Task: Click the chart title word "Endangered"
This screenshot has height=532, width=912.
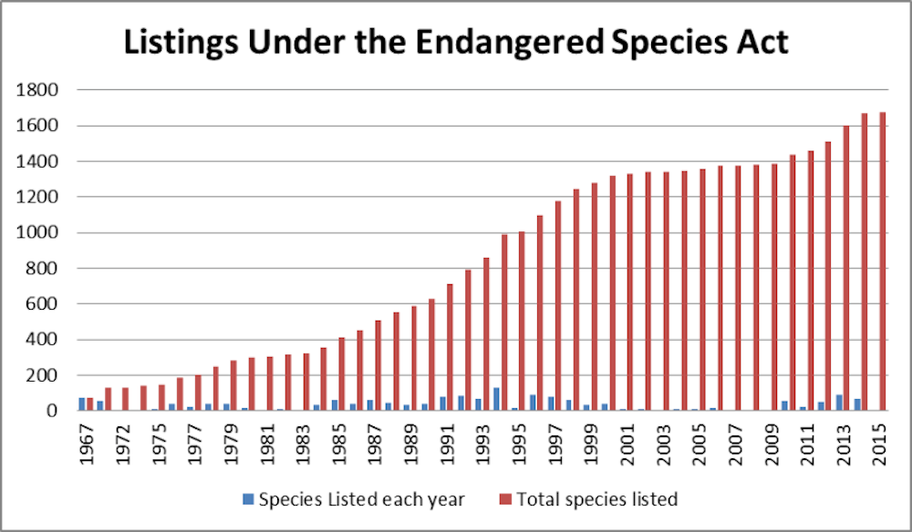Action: [x=523, y=42]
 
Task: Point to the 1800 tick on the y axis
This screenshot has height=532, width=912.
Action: [x=38, y=90]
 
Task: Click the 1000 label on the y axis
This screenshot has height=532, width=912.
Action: [x=38, y=232]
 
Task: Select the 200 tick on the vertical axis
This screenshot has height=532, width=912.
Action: [x=43, y=375]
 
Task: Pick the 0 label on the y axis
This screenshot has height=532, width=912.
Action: [x=52, y=411]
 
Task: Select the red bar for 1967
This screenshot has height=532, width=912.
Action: [x=90, y=404]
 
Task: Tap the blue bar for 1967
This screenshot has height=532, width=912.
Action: [x=82, y=404]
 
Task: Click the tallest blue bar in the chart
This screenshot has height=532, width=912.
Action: [x=496, y=399]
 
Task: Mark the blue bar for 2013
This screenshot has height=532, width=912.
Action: [x=839, y=402]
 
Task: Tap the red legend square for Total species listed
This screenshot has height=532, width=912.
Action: [x=507, y=499]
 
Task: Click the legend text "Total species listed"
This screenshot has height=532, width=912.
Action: [x=596, y=499]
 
